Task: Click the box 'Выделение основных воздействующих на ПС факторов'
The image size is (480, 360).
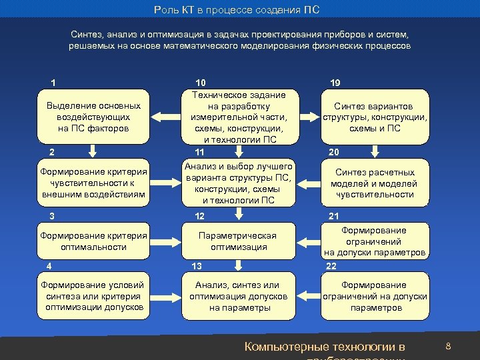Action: click(93, 117)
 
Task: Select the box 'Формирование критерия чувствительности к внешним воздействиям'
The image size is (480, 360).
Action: click(93, 183)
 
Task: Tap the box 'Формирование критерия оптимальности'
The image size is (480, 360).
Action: click(93, 241)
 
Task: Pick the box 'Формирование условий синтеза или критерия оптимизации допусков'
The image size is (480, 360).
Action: click(93, 297)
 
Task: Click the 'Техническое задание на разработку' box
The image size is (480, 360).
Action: click(238, 117)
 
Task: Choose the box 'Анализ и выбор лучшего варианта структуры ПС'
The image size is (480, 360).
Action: click(238, 183)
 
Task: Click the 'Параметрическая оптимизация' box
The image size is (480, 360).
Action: click(238, 241)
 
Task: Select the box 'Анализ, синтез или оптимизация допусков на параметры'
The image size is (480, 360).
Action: click(238, 297)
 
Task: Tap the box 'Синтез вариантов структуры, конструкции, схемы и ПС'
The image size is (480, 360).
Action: click(375, 117)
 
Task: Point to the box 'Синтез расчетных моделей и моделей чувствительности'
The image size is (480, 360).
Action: click(375, 183)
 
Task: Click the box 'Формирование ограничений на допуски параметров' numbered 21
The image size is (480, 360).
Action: click(375, 241)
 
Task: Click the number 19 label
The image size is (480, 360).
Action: click(335, 83)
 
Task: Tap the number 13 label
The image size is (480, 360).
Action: click(197, 266)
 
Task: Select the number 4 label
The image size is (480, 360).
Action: click(49, 266)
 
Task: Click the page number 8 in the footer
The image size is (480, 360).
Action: click(448, 347)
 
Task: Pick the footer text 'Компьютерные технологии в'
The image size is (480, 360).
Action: click(325, 347)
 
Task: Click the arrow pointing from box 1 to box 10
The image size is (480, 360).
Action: click(166, 117)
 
